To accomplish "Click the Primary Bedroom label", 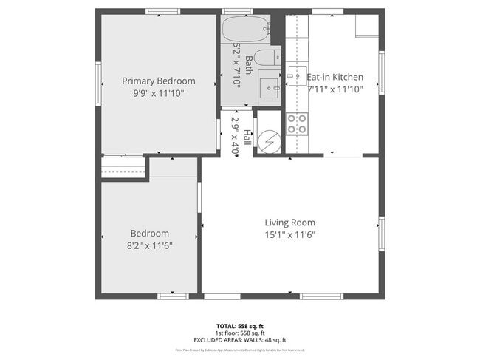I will point(159,81).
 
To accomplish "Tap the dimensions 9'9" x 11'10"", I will point(159,93).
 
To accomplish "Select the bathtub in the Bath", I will point(243,30).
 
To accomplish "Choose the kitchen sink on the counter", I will point(298,73).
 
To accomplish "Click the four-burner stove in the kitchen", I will point(297,123).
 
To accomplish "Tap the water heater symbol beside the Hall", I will point(269,140).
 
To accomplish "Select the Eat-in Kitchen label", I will point(335,77).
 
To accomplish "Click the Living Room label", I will point(290,223).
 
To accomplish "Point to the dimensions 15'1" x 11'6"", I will point(290,235).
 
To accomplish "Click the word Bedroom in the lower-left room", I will point(150,233).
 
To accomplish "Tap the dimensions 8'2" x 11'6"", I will point(150,245).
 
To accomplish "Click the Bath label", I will point(249,64).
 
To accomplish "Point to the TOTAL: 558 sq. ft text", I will point(239,326).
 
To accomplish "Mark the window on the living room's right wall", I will point(381,234).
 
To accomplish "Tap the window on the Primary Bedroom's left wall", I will point(97,83).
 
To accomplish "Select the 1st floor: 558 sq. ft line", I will point(239,333).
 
